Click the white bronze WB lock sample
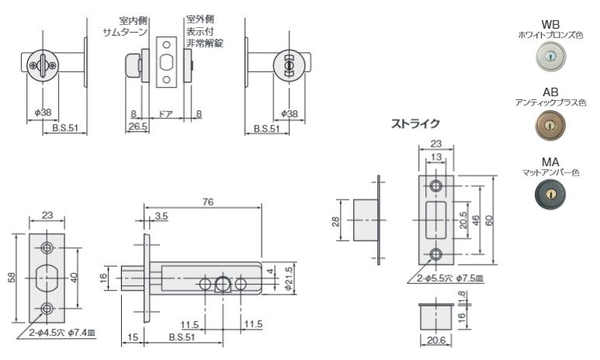[x=552, y=57]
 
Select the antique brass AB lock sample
[x=552, y=125]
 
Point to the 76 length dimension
[x=208, y=202]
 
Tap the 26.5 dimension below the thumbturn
[x=138, y=126]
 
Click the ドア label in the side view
[x=165, y=113]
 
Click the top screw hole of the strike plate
[x=436, y=186]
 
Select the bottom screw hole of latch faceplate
[x=49, y=308]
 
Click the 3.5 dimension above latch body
[x=161, y=215]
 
